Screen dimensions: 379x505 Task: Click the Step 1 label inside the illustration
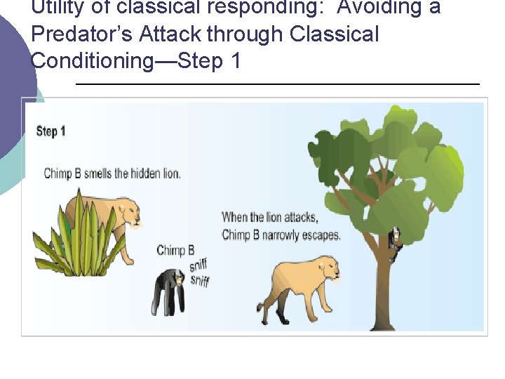pyautogui.click(x=50, y=131)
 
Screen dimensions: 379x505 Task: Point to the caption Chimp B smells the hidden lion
pyautogui.click(x=112, y=173)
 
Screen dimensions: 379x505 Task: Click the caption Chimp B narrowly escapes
pyautogui.click(x=281, y=235)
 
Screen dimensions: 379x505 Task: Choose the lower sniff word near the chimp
pyautogui.click(x=199, y=281)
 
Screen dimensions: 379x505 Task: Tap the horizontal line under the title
pyautogui.click(x=277, y=84)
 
